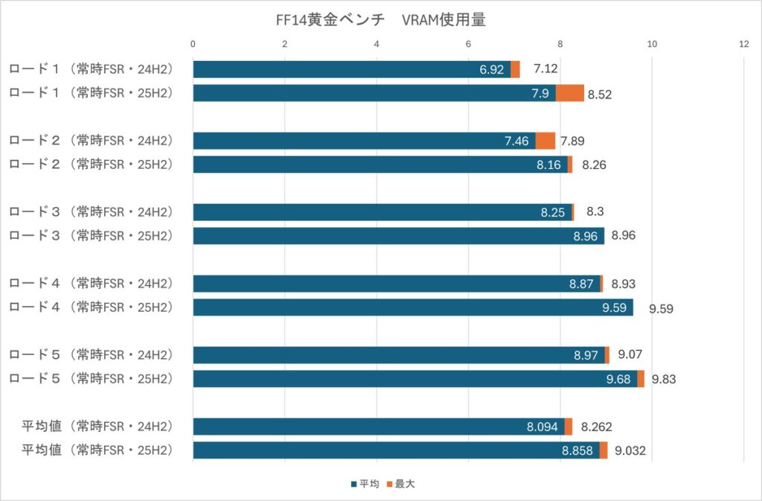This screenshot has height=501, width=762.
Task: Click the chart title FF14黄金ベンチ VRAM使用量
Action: point(380,21)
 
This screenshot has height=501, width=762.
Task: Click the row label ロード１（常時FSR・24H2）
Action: point(91,69)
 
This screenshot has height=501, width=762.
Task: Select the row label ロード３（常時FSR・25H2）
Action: point(91,236)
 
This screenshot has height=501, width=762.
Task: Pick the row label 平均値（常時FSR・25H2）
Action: point(97,450)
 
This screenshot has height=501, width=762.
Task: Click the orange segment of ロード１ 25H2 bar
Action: point(570,93)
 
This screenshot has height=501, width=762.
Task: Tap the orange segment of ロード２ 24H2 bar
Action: point(545,141)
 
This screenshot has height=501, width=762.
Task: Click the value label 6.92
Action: point(492,70)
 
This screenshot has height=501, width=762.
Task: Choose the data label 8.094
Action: point(542,427)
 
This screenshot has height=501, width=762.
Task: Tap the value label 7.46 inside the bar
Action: point(516,141)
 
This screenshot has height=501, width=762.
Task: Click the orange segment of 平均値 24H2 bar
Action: point(569,427)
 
